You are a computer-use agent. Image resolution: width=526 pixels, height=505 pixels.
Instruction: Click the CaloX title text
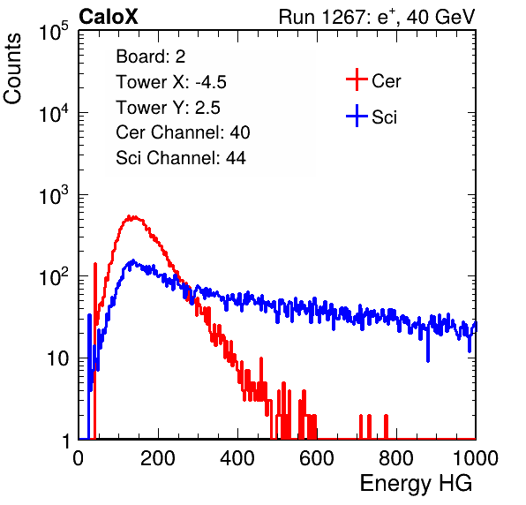(x=109, y=17)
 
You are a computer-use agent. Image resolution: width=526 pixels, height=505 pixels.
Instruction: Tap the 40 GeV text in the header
(x=440, y=17)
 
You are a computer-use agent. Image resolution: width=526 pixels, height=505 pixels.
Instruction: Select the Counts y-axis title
(x=12, y=69)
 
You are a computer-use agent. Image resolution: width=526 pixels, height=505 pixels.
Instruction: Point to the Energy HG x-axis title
(x=416, y=484)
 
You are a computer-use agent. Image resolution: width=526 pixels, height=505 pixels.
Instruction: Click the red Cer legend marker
(x=357, y=79)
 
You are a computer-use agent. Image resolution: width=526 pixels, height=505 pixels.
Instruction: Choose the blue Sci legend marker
(x=357, y=116)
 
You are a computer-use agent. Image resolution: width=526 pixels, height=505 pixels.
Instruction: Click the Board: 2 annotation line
(x=151, y=57)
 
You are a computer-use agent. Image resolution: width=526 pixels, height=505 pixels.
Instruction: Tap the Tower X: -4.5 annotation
(x=171, y=82)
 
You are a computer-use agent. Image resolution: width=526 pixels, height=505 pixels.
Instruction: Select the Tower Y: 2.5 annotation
(x=168, y=108)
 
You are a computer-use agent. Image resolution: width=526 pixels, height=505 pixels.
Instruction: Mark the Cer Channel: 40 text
(x=183, y=132)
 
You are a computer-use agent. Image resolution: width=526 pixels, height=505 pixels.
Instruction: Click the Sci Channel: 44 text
(x=181, y=158)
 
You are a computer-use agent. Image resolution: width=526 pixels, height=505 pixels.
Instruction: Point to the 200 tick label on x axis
(x=158, y=458)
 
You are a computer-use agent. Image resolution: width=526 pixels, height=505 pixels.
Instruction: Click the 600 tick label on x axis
(x=317, y=458)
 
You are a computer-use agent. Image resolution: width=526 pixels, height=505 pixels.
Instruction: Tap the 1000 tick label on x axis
(x=476, y=458)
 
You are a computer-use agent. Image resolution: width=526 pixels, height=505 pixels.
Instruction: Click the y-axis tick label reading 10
(x=58, y=358)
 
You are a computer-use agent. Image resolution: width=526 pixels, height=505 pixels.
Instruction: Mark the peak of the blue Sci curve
(x=133, y=260)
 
